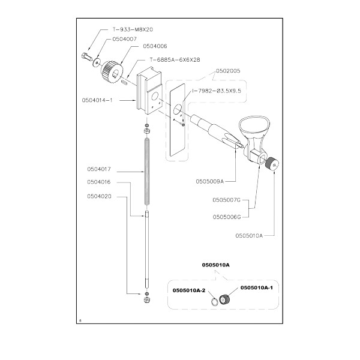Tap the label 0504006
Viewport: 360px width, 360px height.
click(154, 46)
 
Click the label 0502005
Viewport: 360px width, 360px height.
click(227, 70)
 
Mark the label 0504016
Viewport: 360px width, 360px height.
click(100, 182)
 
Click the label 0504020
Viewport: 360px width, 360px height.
click(100, 194)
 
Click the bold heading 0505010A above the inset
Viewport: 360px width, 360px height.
click(215, 265)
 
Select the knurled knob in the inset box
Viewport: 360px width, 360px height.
click(226, 299)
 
